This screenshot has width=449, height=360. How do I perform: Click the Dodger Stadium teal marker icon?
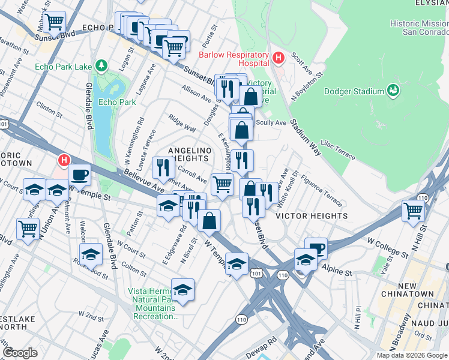[x=393, y=91]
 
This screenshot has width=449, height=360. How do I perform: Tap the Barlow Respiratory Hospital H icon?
[x=277, y=58]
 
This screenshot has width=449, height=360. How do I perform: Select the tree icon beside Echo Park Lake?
[x=103, y=65]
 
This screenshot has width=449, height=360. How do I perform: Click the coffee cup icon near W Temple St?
[x=80, y=175]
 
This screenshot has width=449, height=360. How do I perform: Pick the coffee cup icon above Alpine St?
[x=316, y=248]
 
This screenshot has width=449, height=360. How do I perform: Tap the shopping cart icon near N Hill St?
[x=413, y=211]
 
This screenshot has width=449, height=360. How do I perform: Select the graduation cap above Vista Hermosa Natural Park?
[x=183, y=289]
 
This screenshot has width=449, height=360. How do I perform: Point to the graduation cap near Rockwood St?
[x=91, y=254]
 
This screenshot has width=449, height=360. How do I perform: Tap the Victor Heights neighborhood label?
[x=312, y=216]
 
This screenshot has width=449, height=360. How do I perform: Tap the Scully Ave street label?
[x=271, y=122]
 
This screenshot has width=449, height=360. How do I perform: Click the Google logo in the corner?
[x=20, y=353]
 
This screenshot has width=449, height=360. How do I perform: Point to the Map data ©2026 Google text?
[x=412, y=355]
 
